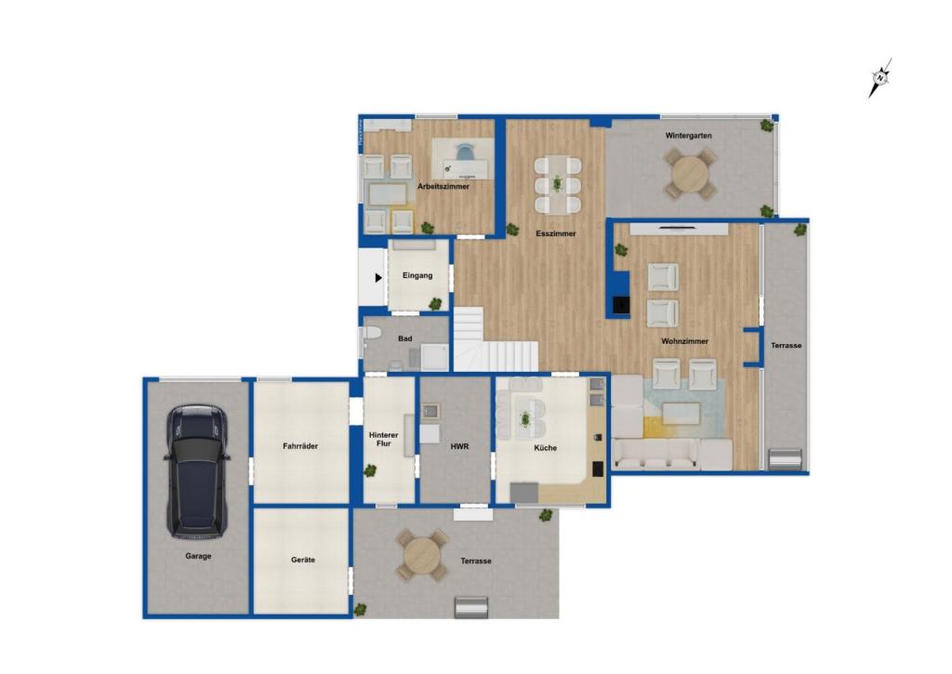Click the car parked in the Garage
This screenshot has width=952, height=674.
(x=197, y=471)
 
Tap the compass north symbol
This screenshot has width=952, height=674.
(x=879, y=78)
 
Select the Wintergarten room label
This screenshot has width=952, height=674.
(x=688, y=136)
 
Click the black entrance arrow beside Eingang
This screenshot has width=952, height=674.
(x=378, y=277)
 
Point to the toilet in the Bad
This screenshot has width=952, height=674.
(x=372, y=334)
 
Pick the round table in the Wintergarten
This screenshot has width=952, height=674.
(x=689, y=173)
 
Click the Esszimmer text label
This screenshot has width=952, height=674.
(x=556, y=233)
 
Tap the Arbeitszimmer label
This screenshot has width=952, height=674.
(x=443, y=187)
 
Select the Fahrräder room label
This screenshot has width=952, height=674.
(x=300, y=445)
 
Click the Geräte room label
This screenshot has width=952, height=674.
(x=302, y=560)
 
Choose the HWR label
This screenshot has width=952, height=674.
(x=459, y=446)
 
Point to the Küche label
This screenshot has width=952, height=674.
(x=545, y=447)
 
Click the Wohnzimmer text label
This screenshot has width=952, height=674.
(x=685, y=341)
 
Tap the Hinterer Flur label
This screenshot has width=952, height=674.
(x=384, y=439)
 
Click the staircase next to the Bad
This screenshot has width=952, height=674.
(x=496, y=340)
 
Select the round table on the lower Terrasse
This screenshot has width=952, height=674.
(x=423, y=555)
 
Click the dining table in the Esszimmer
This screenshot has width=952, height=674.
(x=558, y=185)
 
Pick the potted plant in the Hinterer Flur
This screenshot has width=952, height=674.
(x=370, y=469)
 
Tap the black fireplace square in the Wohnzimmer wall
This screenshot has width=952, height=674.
(x=620, y=304)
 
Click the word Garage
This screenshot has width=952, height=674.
(x=198, y=556)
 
